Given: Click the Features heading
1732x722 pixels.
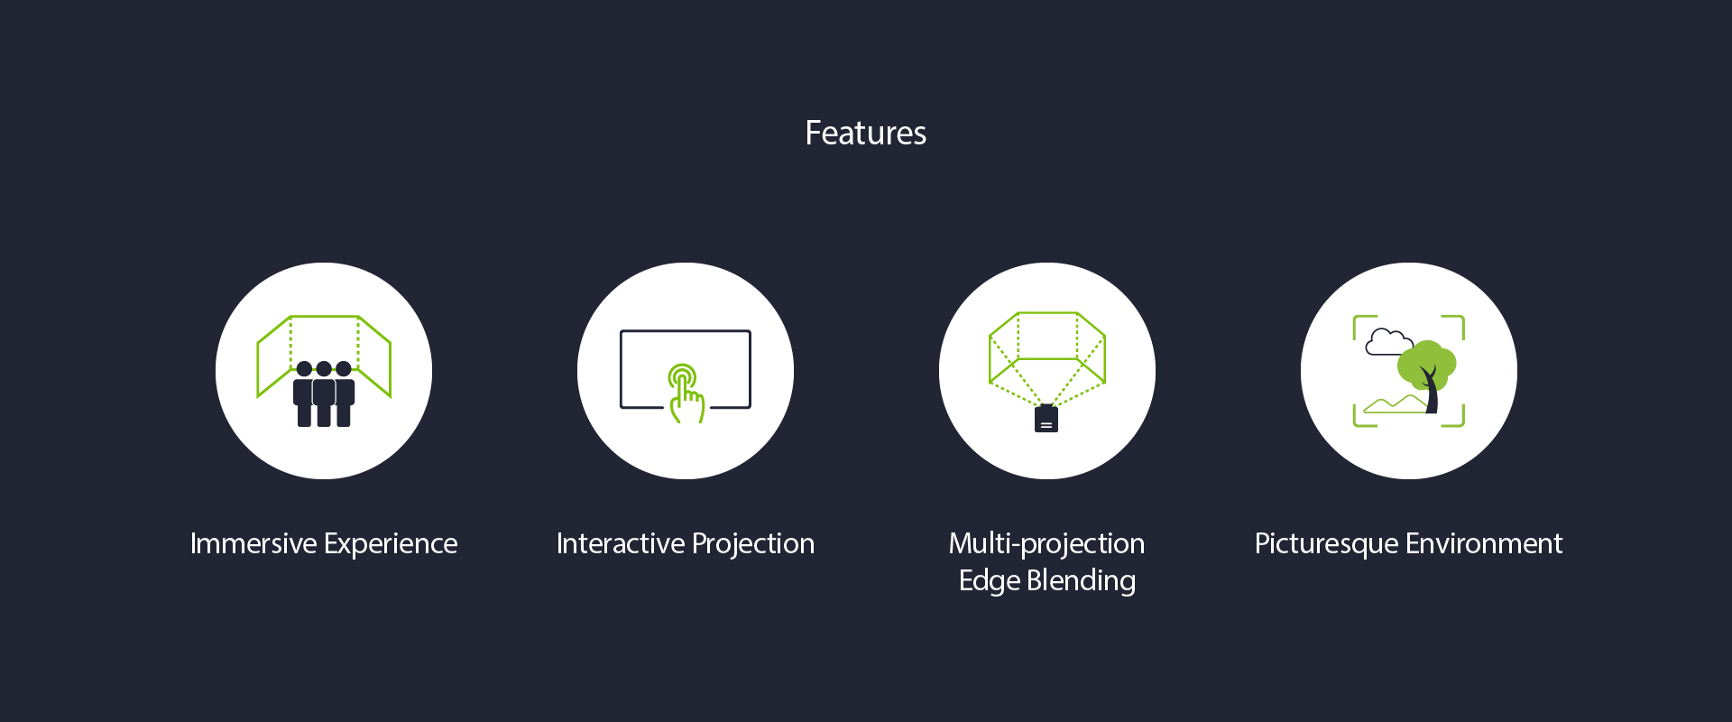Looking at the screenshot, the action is click(x=865, y=133).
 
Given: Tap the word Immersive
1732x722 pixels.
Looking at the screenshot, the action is click(x=253, y=543).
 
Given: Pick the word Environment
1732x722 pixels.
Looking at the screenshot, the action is click(x=1484, y=543).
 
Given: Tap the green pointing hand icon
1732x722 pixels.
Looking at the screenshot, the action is click(x=686, y=398).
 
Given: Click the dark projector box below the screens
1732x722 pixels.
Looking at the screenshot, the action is click(x=1046, y=419).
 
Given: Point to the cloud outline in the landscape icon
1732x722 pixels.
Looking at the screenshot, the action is click(x=1389, y=344).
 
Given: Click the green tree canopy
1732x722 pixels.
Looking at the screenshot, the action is click(x=1427, y=364).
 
